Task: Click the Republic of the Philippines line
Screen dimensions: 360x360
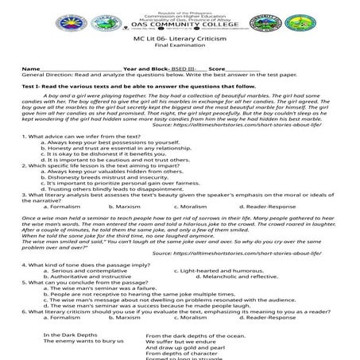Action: click(x=179, y=5)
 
